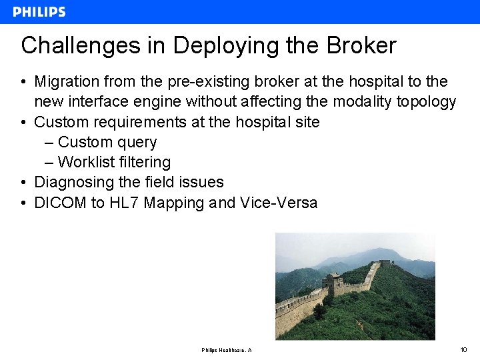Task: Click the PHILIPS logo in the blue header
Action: [39, 12]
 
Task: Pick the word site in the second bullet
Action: [307, 122]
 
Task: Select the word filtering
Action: [145, 162]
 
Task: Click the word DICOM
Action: [60, 203]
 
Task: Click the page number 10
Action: [464, 349]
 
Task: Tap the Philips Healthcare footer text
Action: [226, 350]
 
